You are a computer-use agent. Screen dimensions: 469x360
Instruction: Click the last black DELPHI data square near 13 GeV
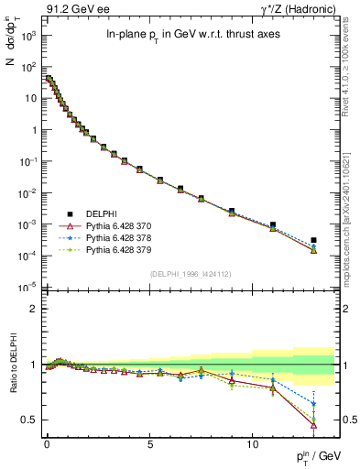coord(314,240)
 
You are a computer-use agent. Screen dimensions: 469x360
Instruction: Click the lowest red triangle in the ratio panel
coord(314,424)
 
